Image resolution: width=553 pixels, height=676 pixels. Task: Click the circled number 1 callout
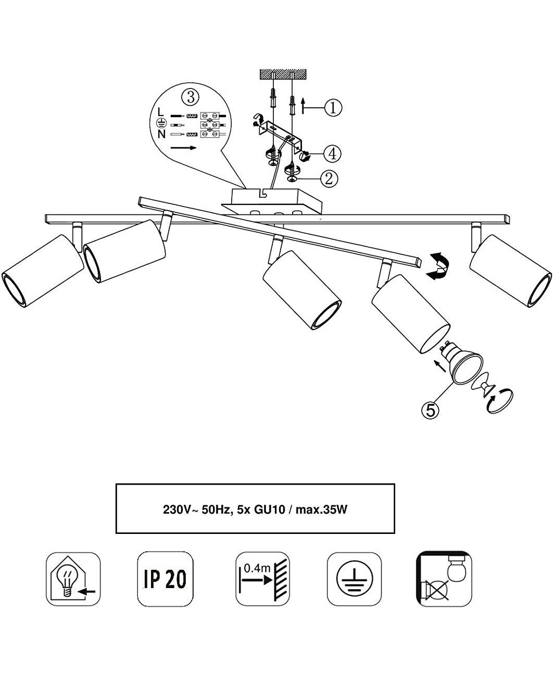[333, 108]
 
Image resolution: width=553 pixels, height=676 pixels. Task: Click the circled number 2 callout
[329, 178]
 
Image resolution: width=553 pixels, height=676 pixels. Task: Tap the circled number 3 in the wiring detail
[191, 97]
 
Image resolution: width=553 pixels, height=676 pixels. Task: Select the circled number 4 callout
[332, 154]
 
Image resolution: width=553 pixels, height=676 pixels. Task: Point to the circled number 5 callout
[430, 410]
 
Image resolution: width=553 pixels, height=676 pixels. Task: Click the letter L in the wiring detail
[161, 112]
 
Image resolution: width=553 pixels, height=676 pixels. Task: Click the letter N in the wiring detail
[161, 134]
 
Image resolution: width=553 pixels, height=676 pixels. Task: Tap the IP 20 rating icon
[165, 579]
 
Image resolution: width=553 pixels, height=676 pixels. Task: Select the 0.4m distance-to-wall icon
[263, 579]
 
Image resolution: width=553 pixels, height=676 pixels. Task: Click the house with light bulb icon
[73, 579]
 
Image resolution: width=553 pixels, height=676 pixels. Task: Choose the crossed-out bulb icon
[444, 579]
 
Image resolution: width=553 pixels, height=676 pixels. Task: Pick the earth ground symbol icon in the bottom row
[354, 579]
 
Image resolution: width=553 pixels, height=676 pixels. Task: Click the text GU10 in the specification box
[269, 509]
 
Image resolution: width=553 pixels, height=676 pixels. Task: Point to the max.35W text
[321, 509]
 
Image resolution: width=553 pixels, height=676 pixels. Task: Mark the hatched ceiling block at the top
[283, 74]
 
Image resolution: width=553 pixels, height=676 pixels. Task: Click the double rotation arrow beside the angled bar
[437, 266]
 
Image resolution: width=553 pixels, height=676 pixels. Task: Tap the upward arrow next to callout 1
[303, 106]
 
